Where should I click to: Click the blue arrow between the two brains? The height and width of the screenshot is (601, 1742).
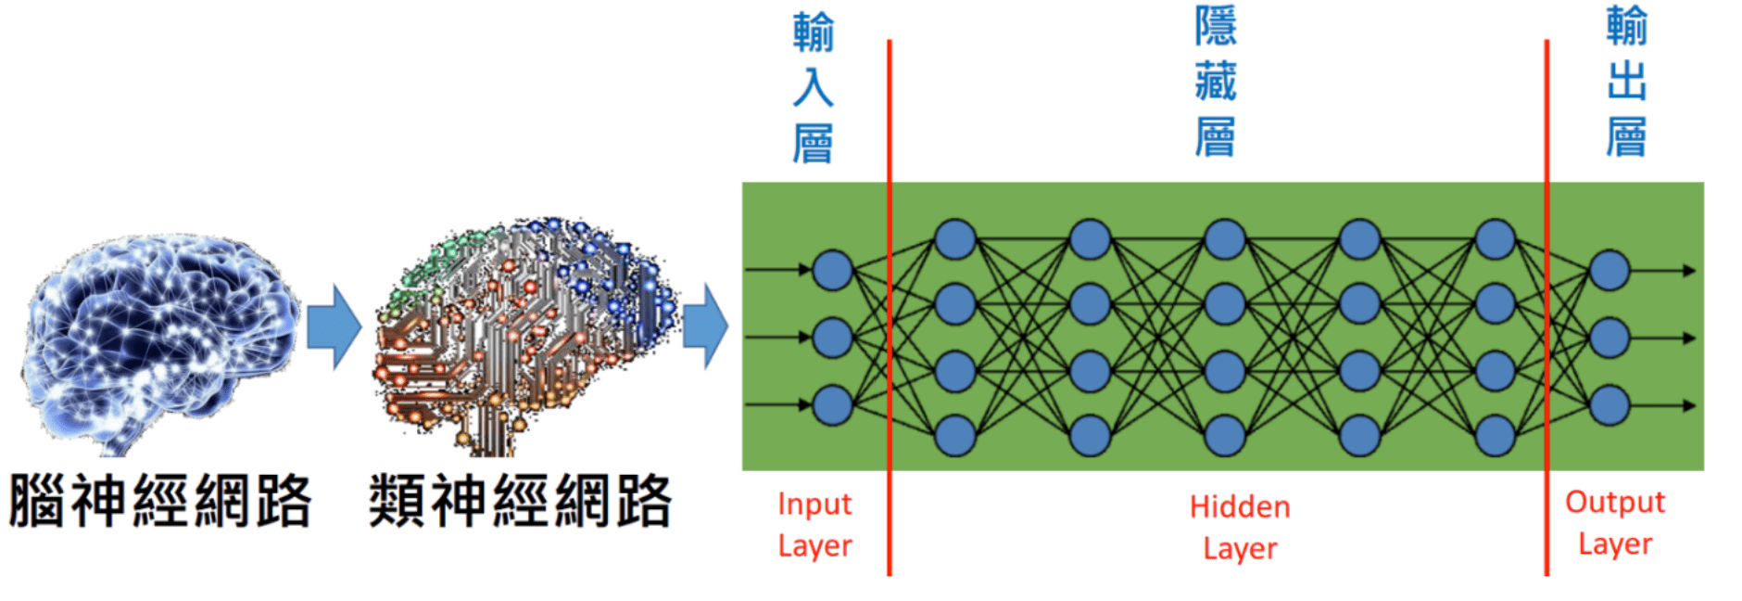pyautogui.click(x=334, y=327)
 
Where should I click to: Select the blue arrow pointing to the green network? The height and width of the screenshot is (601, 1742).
pyautogui.click(x=706, y=326)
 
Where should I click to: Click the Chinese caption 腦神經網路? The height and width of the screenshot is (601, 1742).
pyautogui.click(x=160, y=502)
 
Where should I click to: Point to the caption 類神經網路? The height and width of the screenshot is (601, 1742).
pyautogui.click(x=520, y=502)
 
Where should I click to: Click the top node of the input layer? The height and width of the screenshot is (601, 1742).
pyautogui.click(x=832, y=270)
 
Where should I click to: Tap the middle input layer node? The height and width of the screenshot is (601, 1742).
pyautogui.click(x=832, y=338)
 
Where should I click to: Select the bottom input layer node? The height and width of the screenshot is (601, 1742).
pyautogui.click(x=832, y=405)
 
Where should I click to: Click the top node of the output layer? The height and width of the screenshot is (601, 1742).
pyautogui.click(x=1609, y=270)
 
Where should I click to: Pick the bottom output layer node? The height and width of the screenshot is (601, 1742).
pyautogui.click(x=1609, y=405)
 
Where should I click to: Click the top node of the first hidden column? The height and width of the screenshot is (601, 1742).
pyautogui.click(x=955, y=239)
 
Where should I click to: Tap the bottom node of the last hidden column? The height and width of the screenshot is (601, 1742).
pyautogui.click(x=1495, y=435)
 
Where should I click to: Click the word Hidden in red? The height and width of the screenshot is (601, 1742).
pyautogui.click(x=1240, y=507)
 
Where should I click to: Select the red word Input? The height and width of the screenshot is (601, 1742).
pyautogui.click(x=814, y=505)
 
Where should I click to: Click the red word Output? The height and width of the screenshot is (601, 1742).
pyautogui.click(x=1615, y=503)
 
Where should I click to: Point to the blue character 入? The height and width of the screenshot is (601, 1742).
pyautogui.click(x=813, y=88)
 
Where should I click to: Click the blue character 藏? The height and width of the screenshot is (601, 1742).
pyautogui.click(x=1215, y=81)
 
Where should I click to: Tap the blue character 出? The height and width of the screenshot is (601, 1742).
pyautogui.click(x=1626, y=81)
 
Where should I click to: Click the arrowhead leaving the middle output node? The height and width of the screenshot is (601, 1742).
pyautogui.click(x=1689, y=339)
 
